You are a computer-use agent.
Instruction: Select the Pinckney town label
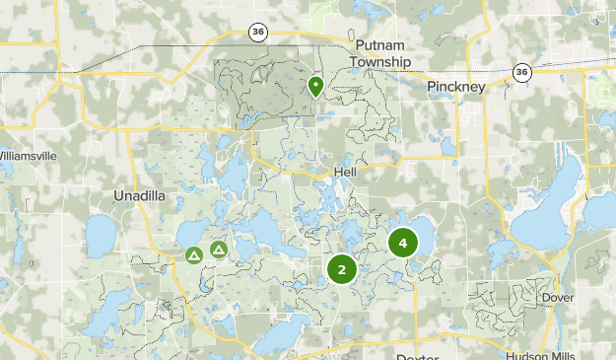pos(457,87)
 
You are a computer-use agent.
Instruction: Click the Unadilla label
pos(142,195)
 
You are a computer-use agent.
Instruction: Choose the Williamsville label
pos(29,156)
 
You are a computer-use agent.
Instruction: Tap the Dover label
pos(557,297)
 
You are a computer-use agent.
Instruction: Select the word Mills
pos(569,355)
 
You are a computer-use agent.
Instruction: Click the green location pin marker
pos(315,87)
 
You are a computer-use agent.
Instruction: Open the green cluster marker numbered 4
pos(402,243)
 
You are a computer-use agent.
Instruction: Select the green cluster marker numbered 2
pos(341,269)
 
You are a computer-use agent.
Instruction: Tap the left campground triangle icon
pos(194,254)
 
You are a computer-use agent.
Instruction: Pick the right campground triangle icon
pos(218,251)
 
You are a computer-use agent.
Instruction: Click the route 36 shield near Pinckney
pos(521,72)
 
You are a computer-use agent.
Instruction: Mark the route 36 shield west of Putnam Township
pos(257,31)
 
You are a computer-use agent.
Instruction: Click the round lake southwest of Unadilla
pos(103,233)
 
